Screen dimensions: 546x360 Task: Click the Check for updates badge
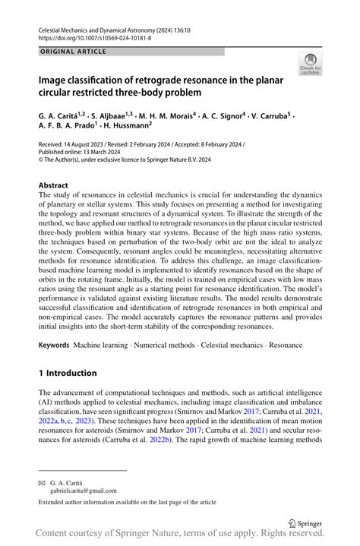310,65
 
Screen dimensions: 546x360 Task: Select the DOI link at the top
93,36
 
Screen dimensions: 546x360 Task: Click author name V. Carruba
273,117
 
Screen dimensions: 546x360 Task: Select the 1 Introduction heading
68,373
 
